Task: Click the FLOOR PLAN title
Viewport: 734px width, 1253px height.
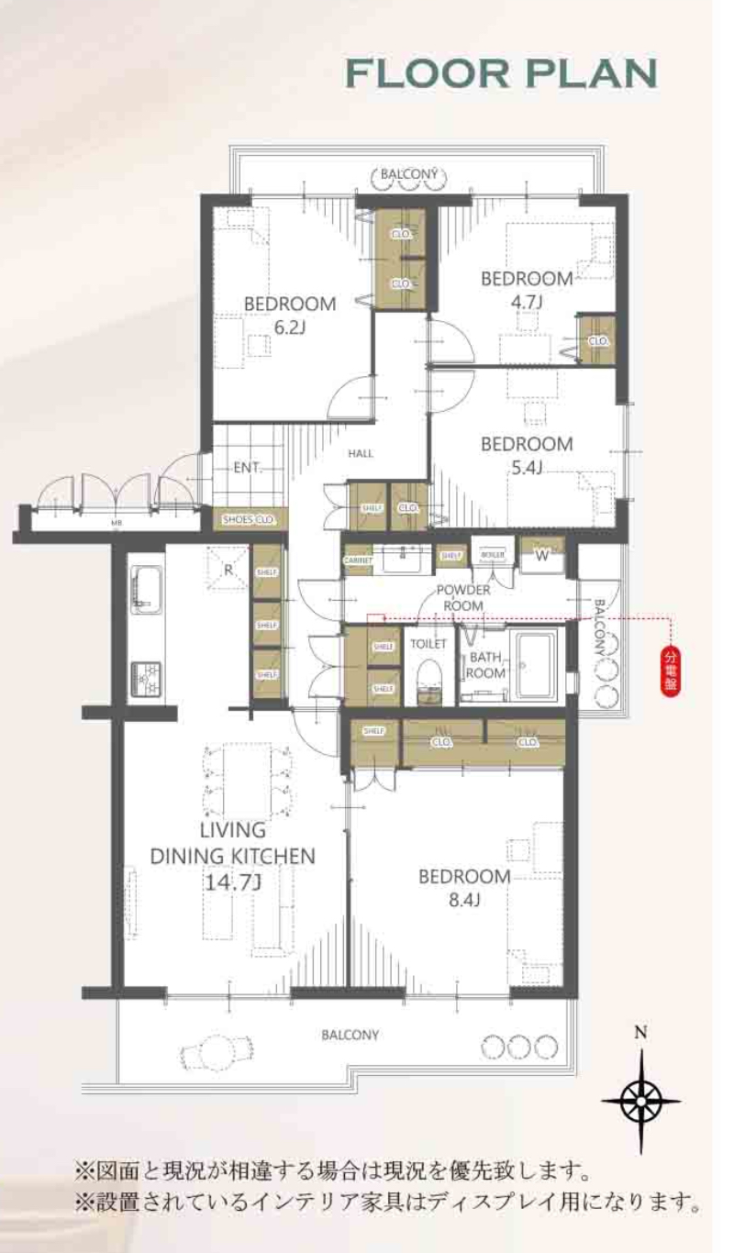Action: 501,74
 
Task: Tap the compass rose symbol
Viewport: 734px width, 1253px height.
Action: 641,1097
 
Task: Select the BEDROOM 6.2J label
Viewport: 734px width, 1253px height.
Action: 289,315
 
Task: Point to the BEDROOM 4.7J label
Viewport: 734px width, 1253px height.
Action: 527,288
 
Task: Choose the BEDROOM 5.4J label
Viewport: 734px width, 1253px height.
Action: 527,455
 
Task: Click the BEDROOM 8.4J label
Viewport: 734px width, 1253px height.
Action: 464,887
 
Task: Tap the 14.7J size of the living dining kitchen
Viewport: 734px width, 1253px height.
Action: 232,882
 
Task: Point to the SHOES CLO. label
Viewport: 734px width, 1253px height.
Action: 250,520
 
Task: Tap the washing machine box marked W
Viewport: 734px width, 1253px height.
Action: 541,554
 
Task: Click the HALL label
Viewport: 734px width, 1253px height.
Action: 361,453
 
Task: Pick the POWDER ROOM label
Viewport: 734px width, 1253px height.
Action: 463,597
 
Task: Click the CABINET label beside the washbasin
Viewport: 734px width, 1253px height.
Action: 358,559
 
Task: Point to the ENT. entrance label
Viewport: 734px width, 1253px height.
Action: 246,467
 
